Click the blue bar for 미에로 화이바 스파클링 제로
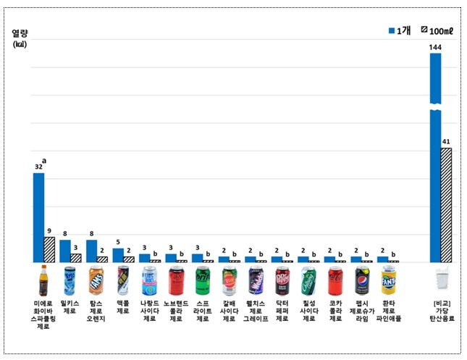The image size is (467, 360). tap(38, 217)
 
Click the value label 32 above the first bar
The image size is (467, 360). tap(38, 167)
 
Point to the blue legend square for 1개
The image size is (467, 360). tap(392, 30)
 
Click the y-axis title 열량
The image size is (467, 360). tap(20, 33)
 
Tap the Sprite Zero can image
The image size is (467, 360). tap(203, 280)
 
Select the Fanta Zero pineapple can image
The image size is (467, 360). tap(388, 280)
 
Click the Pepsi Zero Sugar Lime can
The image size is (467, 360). tap(362, 280)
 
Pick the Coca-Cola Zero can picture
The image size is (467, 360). tap(335, 280)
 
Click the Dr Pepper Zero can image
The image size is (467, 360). tap(282, 280)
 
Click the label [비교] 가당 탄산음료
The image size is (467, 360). tap(441, 310)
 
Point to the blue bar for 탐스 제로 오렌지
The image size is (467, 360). tap(91, 251)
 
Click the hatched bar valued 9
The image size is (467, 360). tap(49, 249)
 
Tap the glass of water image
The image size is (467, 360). tap(441, 280)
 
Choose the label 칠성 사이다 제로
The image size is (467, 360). tap(309, 310)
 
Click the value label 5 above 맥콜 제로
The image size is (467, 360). tap(118, 243)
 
